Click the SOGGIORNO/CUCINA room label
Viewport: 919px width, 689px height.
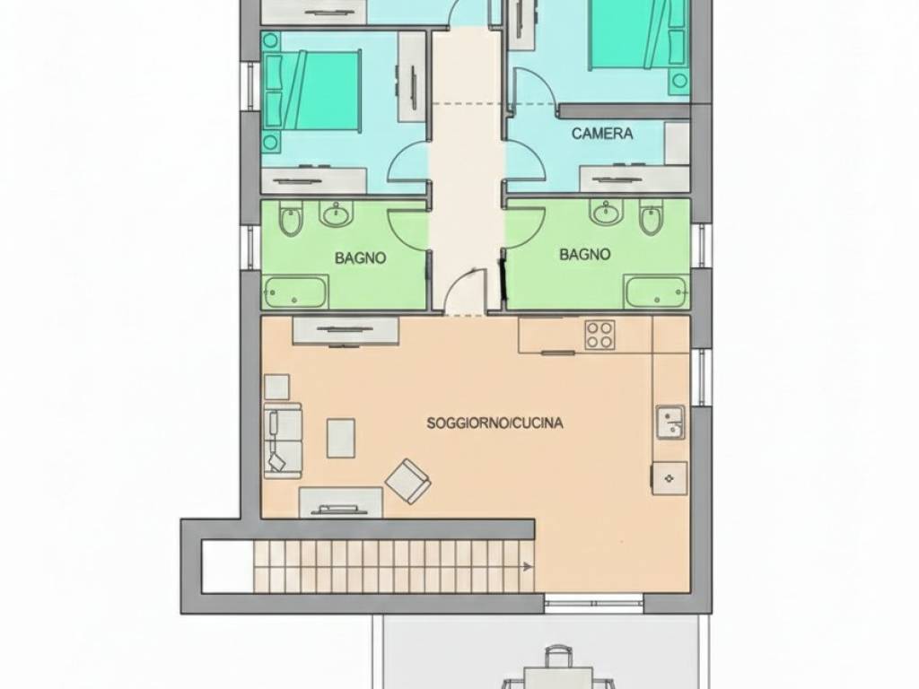pos(495,423)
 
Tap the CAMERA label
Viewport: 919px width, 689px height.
pos(602,134)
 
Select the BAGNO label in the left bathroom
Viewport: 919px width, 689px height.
pos(361,257)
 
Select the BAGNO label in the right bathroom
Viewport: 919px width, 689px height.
pos(585,254)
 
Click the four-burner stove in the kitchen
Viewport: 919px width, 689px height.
pos(600,335)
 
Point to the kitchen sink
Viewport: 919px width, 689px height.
pos(670,422)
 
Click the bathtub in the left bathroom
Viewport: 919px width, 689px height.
pos(295,292)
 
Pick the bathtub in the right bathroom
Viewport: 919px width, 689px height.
pos(656,292)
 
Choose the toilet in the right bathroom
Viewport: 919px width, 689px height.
pos(651,218)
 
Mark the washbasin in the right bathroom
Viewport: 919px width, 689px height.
pos(608,213)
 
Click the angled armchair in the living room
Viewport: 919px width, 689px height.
pos(408,482)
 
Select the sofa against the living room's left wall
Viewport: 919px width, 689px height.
pos(283,440)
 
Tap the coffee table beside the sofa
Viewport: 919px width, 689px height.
pos(340,438)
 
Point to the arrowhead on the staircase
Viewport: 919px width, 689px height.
pos(528,567)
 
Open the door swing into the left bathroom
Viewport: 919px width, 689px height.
pos(407,228)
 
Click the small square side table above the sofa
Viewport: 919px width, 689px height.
pos(276,387)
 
